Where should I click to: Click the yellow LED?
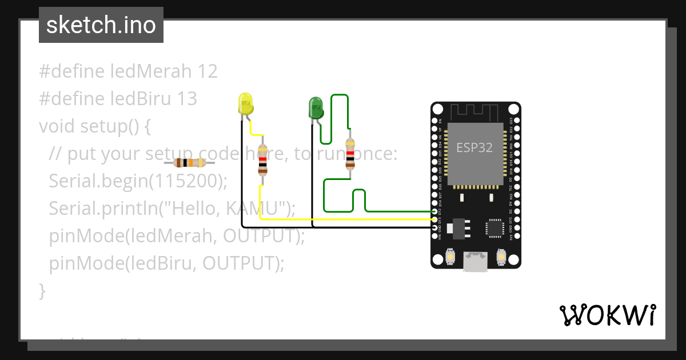click(245, 104)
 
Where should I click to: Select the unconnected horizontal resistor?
click(190, 163)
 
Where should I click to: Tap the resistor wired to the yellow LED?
click(262, 160)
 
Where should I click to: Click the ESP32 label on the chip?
click(475, 147)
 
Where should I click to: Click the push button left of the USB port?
click(451, 258)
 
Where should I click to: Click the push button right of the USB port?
click(501, 258)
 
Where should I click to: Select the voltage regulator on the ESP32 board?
click(459, 228)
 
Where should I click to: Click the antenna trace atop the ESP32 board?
click(475, 111)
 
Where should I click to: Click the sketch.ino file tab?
click(101, 25)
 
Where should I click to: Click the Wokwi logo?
click(607, 315)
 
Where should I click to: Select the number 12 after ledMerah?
click(207, 71)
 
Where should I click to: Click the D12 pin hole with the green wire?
click(435, 212)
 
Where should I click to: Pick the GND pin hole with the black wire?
click(435, 227)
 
